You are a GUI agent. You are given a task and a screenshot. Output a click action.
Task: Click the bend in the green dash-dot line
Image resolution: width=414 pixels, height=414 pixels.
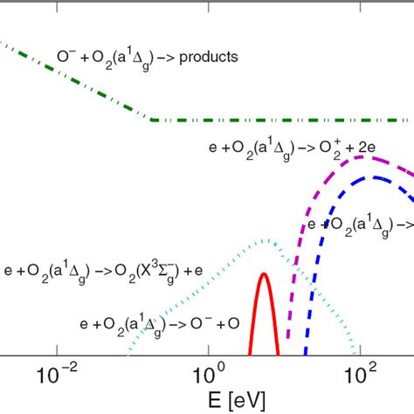coord(154,120)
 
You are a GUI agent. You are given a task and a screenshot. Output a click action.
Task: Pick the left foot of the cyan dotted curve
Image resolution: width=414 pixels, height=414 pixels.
coord(128,354)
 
